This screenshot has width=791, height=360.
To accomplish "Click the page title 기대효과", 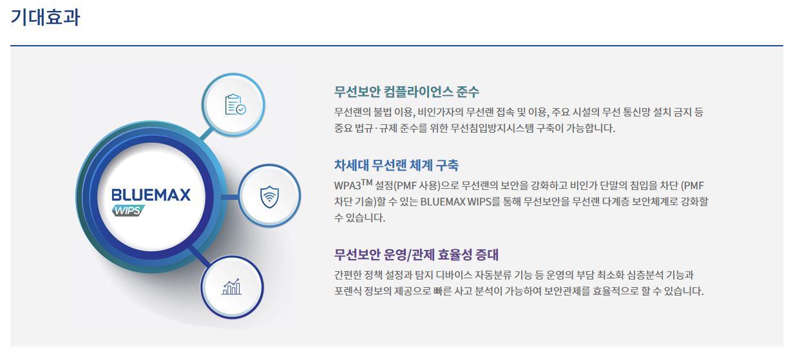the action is [45, 17].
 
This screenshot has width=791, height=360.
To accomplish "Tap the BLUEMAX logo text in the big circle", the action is [151, 195].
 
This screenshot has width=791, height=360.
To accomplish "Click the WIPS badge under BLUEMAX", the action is [129, 211].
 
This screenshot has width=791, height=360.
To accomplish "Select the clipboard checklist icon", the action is [235, 104].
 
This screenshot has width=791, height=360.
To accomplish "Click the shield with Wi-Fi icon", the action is [269, 196].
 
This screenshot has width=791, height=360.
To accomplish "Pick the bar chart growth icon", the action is [232, 286].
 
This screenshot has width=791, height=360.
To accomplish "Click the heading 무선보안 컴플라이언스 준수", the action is [406, 91].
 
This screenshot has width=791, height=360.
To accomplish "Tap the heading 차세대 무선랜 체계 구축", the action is [396, 165].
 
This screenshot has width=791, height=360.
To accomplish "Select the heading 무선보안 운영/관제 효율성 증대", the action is [416, 254].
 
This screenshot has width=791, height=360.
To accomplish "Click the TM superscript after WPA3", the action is [367, 182].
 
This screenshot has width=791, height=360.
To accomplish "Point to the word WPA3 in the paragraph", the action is [347, 185].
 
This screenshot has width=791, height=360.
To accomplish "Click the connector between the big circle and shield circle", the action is [229, 196].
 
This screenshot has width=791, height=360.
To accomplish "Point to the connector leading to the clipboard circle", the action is [207, 133].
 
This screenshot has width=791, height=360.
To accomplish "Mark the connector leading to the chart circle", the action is [200, 256].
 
